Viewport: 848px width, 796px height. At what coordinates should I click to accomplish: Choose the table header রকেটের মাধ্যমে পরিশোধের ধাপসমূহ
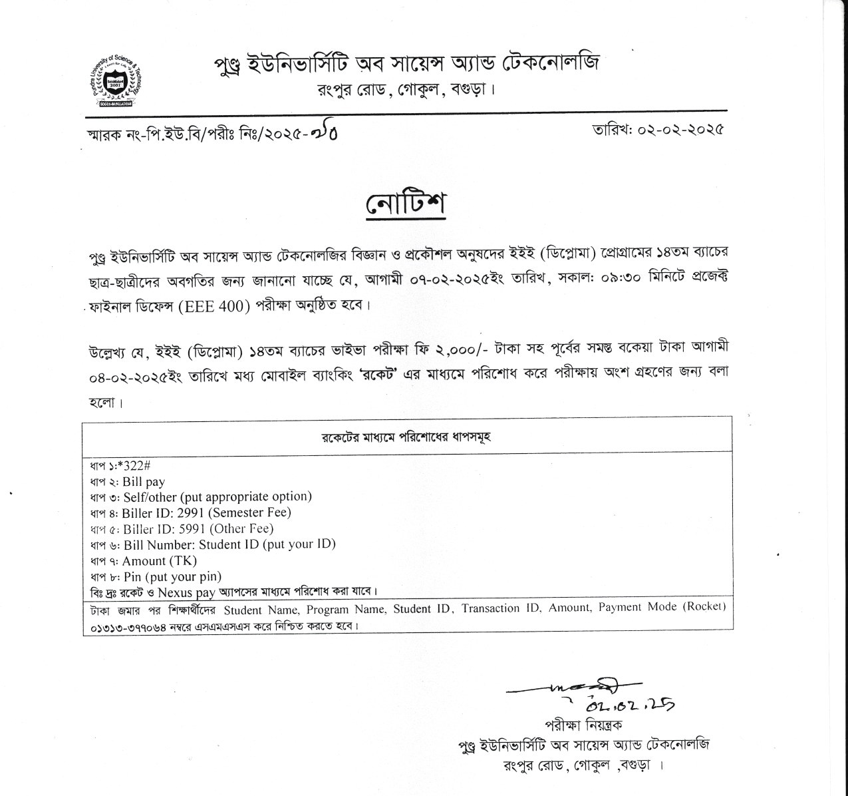click(406, 437)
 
